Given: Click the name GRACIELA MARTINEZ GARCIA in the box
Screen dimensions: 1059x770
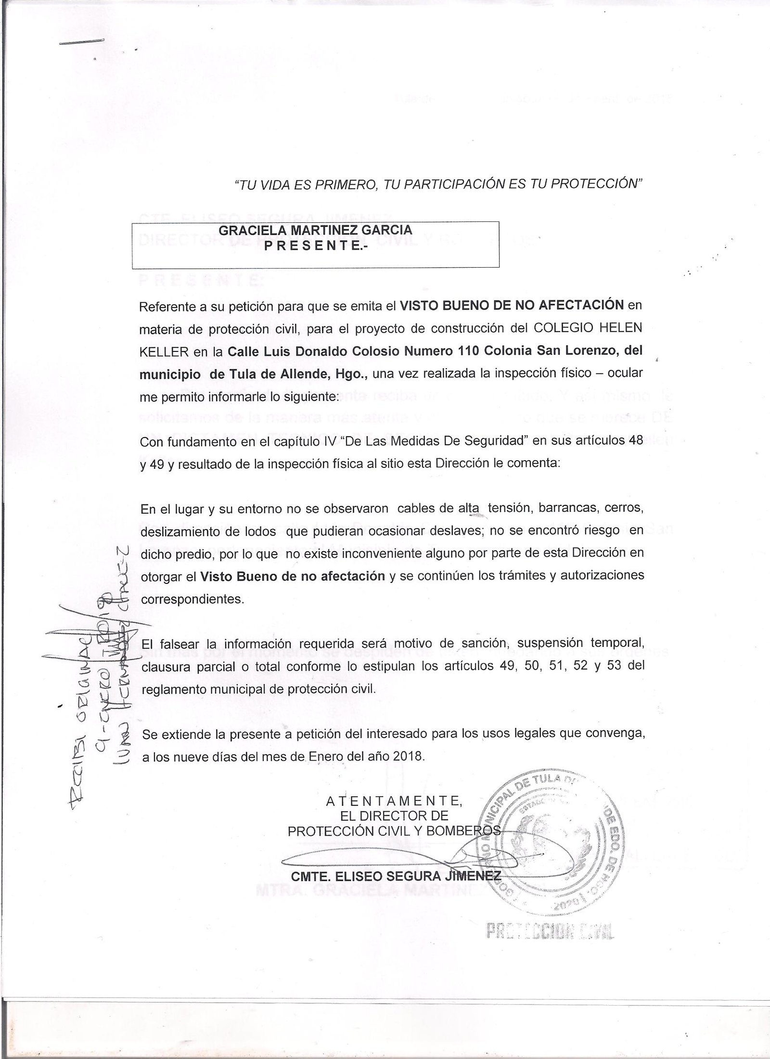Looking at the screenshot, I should (315, 230).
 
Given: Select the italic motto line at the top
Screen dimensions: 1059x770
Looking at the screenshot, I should (438, 184).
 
